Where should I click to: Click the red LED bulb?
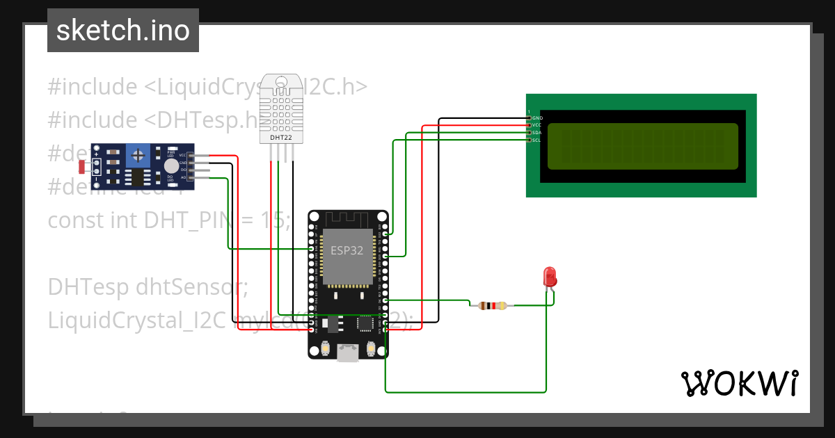550,277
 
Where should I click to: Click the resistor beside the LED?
492,305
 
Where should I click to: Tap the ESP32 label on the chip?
347,251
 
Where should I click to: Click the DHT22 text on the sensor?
280,138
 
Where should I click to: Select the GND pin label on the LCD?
537,118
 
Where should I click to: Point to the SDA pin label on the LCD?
537,133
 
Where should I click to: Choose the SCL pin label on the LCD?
537,140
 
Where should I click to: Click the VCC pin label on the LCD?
537,125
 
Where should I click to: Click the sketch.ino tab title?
123,31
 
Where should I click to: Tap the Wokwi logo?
739,383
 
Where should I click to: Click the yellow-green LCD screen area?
642,147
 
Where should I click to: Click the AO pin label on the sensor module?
183,178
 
